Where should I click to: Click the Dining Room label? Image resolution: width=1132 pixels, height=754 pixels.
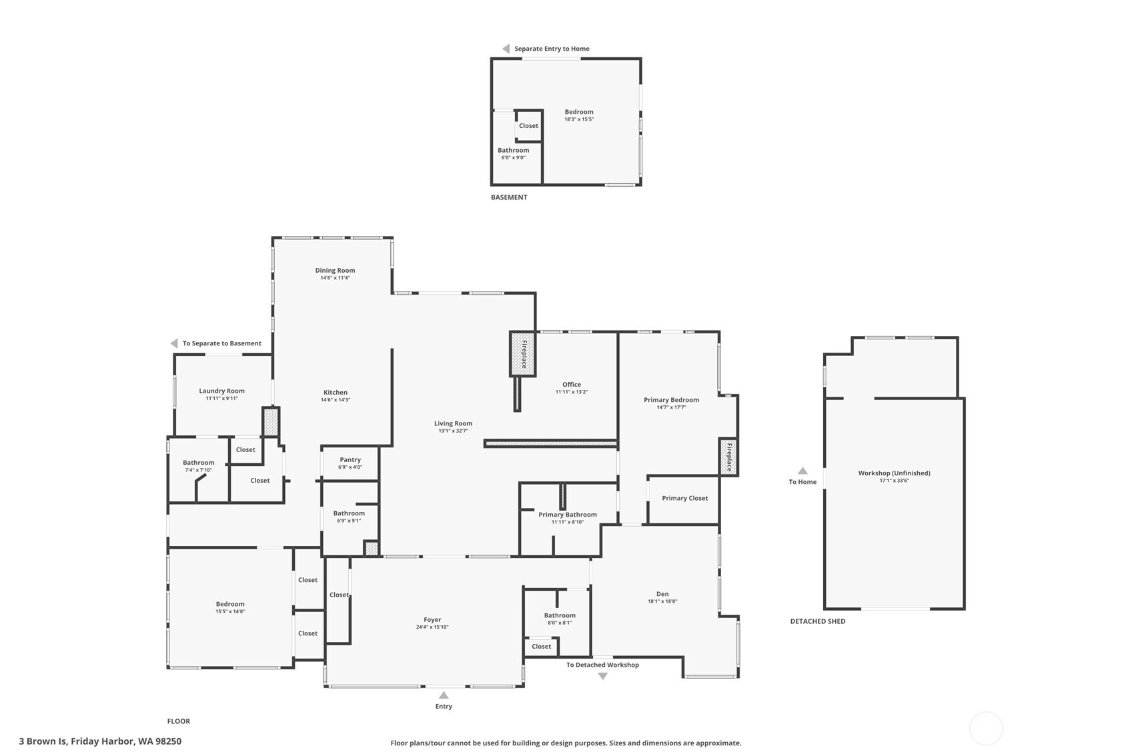coord(335,271)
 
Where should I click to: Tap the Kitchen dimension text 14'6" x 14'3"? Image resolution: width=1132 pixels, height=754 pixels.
coord(336,400)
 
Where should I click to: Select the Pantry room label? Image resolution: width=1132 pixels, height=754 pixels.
coord(350,459)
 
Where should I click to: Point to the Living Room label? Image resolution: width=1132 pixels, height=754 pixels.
coord(453,423)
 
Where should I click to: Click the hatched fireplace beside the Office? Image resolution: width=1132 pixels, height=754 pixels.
coord(523,353)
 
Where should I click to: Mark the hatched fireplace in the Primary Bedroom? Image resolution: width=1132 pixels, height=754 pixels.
coord(728,457)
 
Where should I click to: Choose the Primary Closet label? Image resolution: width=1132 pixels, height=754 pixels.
coord(684,498)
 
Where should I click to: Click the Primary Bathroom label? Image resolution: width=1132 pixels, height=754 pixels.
coord(567,515)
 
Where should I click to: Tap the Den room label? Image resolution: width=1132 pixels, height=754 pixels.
coord(662,594)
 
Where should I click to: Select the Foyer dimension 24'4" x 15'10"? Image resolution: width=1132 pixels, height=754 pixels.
coord(432,627)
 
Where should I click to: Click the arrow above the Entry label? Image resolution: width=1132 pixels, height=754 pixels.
coord(444,695)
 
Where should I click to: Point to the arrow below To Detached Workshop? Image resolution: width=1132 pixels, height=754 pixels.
coord(603,676)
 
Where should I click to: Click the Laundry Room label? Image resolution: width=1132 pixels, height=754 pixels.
coord(221,391)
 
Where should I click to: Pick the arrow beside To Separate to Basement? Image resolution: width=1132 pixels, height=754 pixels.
coord(174,343)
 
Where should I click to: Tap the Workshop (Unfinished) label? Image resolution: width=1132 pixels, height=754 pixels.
coord(894,473)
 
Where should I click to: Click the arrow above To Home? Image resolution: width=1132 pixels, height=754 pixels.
coord(802,471)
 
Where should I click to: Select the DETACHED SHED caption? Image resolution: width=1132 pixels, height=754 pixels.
coord(817,621)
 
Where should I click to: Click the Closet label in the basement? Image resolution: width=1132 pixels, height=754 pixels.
coord(528,126)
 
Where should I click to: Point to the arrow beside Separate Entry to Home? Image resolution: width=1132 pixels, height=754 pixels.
coord(506,49)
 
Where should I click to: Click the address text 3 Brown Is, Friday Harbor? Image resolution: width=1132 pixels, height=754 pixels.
coord(100,741)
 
